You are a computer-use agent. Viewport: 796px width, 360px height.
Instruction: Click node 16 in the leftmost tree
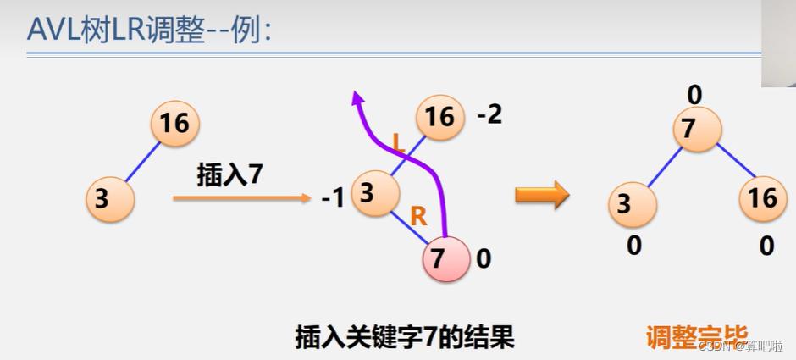pyautogui.click(x=174, y=124)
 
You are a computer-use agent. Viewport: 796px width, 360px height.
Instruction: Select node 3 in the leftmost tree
pyautogui.click(x=109, y=198)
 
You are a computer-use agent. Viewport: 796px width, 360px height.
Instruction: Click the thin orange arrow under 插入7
pyautogui.click(x=241, y=198)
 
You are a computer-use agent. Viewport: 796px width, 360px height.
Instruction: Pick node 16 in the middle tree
pyautogui.click(x=439, y=116)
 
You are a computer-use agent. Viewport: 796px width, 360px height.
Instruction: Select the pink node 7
pyautogui.click(x=445, y=258)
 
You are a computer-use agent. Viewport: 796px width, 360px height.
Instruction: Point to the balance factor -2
pyautogui.click(x=489, y=114)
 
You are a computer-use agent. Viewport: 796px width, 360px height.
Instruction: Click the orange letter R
pyautogui.click(x=418, y=216)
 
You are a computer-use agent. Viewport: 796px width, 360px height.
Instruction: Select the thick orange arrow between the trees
pyautogui.click(x=542, y=196)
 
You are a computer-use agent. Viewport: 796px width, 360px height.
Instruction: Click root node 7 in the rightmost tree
pyautogui.click(x=696, y=130)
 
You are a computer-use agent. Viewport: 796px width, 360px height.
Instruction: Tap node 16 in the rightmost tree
pyautogui.click(x=762, y=198)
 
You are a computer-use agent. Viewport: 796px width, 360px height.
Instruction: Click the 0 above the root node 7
pyautogui.click(x=694, y=93)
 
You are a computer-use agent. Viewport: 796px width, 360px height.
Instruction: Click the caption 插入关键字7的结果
pyautogui.click(x=404, y=338)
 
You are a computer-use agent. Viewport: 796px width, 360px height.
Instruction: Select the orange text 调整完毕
pyautogui.click(x=696, y=338)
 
